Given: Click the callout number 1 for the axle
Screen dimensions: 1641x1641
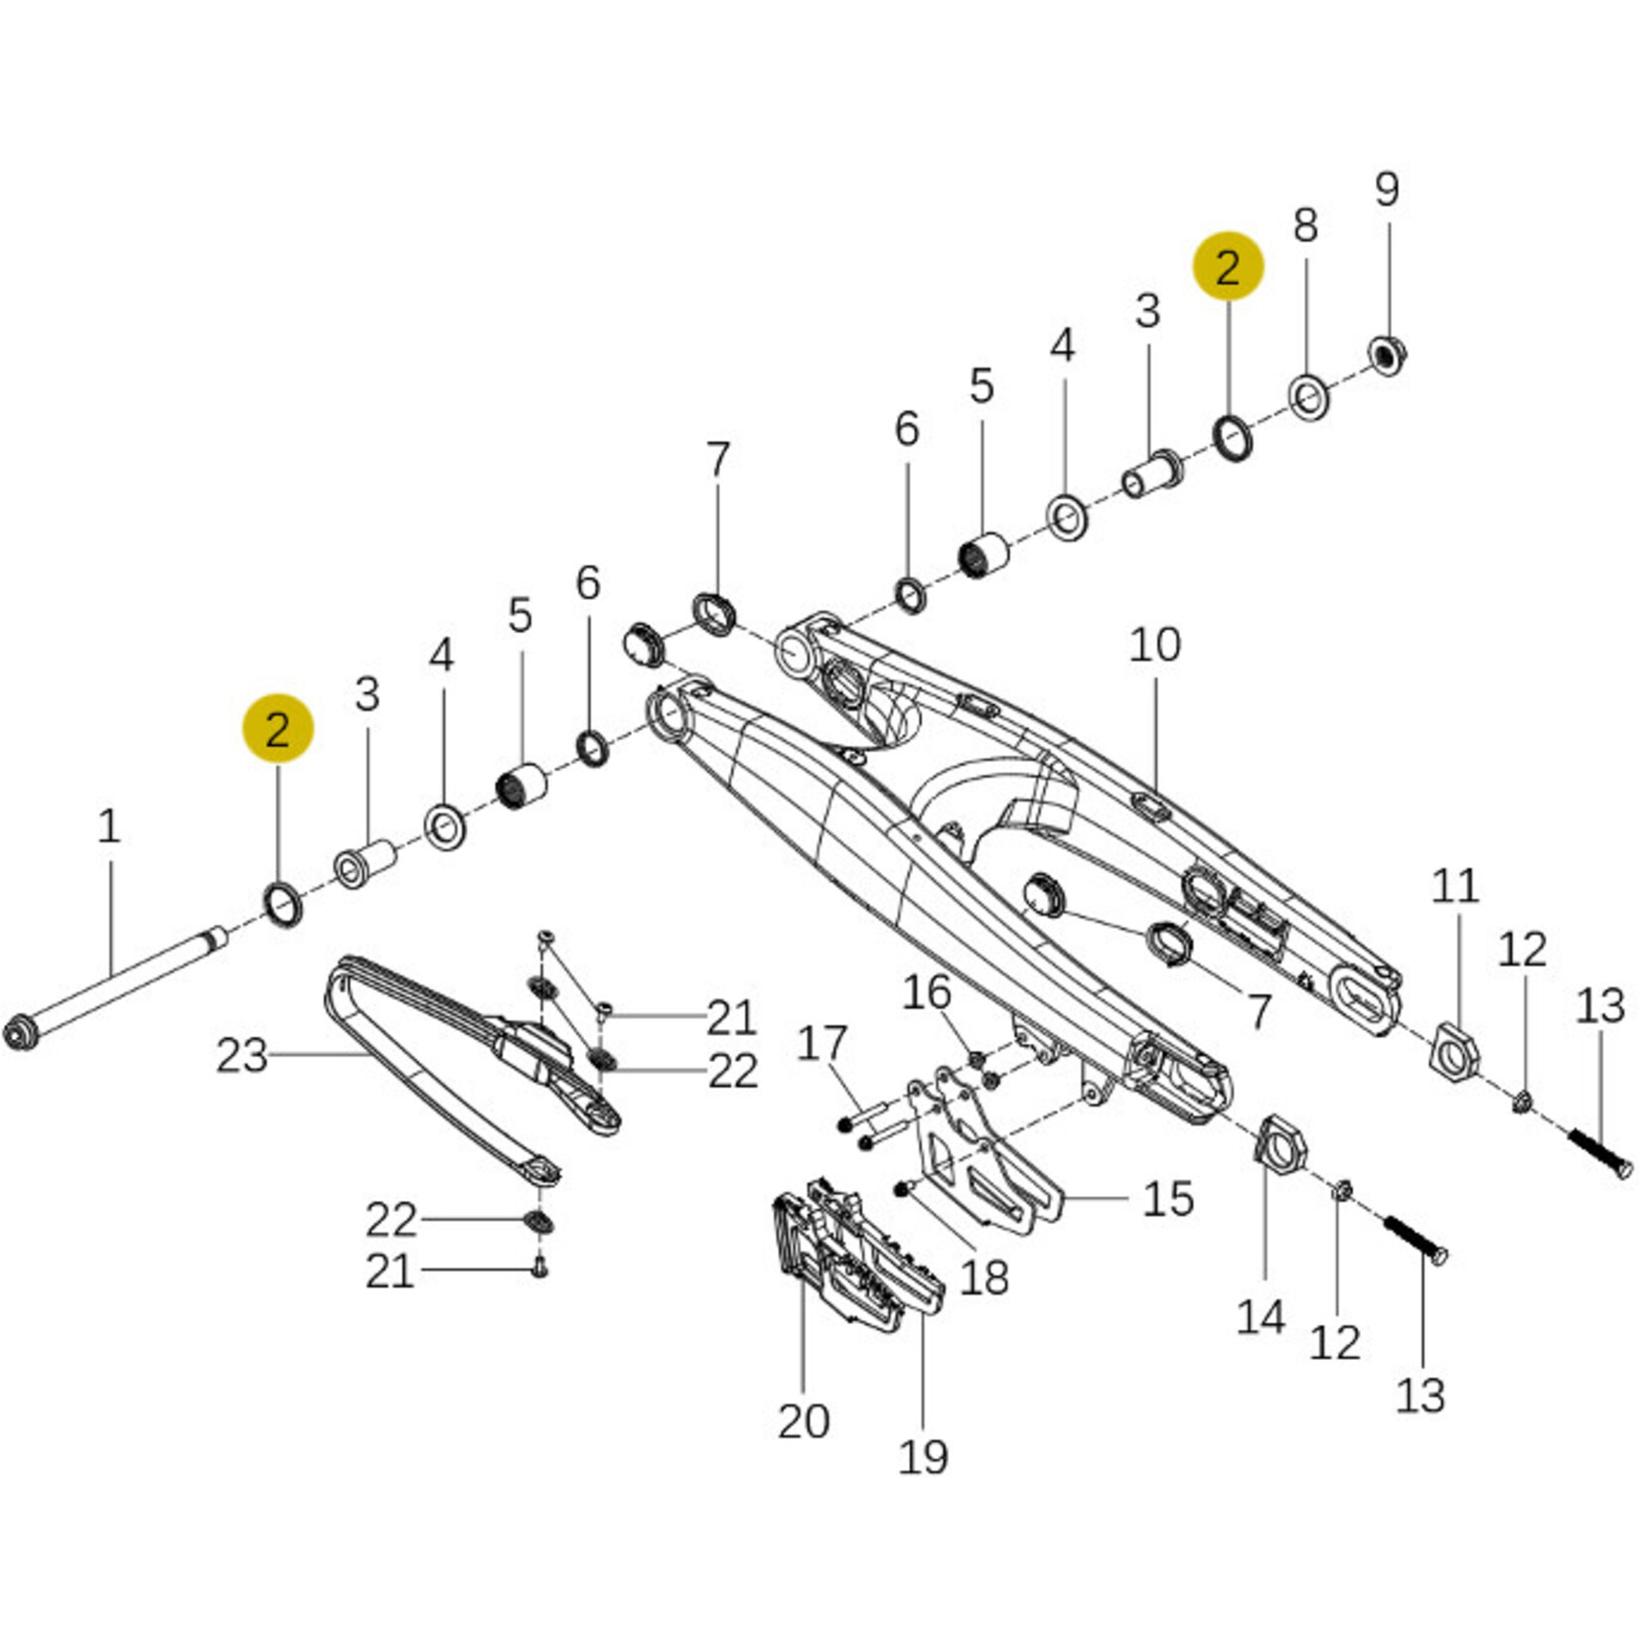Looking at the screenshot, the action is tap(109, 826).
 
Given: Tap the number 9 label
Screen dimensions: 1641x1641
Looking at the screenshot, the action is tap(1387, 189).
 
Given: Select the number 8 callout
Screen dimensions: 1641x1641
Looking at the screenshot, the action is tap(1305, 224).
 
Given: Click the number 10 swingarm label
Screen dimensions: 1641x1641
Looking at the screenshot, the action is tap(1155, 646).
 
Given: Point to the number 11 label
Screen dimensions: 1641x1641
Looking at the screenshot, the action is tap(1455, 886).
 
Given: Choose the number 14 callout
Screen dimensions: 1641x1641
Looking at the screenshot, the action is tap(1261, 1318).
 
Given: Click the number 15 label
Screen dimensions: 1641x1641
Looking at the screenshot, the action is tap(1168, 1199).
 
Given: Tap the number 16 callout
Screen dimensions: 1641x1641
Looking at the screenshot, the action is tap(927, 992).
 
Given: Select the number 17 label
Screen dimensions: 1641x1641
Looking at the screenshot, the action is tap(822, 1044).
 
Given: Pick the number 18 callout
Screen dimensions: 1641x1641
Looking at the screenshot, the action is tap(984, 1277).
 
